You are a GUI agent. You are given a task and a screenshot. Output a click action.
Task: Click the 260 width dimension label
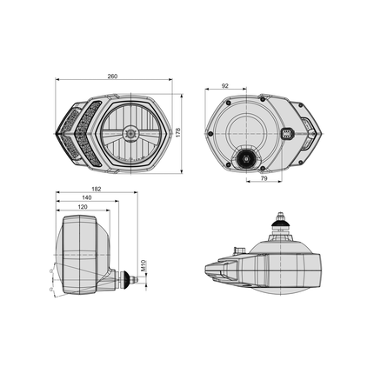[113, 77]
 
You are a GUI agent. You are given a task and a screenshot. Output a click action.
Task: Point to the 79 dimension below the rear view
[262, 179]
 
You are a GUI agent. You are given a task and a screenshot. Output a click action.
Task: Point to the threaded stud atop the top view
[281, 217]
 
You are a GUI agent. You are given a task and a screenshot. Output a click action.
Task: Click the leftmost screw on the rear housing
[210, 133]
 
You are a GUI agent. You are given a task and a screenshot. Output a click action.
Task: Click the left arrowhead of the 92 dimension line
[207, 91]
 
